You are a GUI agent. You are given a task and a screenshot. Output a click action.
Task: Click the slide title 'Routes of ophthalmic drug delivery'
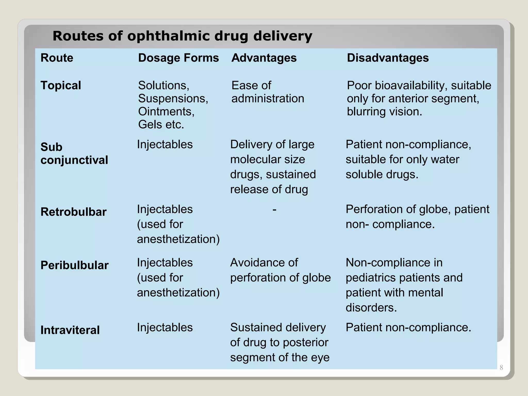click(x=182, y=36)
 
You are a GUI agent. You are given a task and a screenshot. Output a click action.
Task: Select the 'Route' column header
click(x=57, y=58)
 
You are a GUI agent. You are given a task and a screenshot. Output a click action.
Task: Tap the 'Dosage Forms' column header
click(x=178, y=58)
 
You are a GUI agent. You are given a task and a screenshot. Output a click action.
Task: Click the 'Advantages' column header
click(x=264, y=58)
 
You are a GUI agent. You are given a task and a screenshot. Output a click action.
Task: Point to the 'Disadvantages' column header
click(x=388, y=58)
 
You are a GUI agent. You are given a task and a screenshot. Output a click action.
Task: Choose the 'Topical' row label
click(x=61, y=85)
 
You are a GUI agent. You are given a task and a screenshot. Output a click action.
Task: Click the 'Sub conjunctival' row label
click(x=74, y=154)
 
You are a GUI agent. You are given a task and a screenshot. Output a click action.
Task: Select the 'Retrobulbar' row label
click(x=73, y=212)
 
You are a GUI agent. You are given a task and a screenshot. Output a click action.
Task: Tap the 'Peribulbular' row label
click(x=75, y=265)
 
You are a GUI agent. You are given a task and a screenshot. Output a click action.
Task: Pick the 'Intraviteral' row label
click(x=70, y=330)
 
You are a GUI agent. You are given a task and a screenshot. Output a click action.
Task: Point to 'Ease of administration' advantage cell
click(x=268, y=92)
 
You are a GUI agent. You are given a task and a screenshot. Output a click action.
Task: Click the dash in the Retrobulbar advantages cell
click(x=274, y=209)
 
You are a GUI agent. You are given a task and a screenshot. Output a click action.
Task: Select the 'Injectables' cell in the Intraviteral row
click(x=165, y=327)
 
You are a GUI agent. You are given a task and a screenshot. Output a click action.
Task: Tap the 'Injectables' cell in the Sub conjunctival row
click(x=165, y=144)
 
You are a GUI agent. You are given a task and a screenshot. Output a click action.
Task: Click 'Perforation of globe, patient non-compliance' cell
click(x=417, y=217)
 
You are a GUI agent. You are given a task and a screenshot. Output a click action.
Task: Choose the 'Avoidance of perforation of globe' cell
click(x=280, y=270)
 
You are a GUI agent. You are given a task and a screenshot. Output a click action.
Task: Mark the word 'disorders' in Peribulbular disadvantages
click(x=371, y=308)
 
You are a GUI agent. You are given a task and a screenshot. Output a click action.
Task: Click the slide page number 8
click(x=501, y=368)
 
